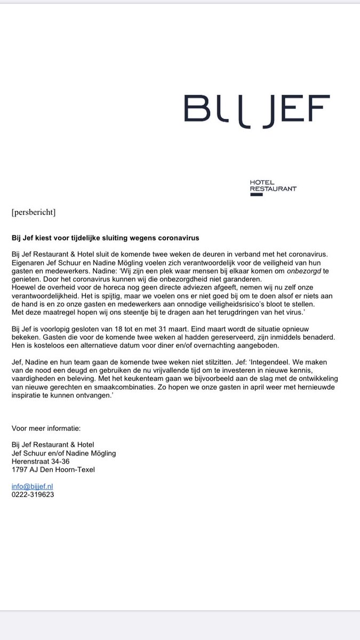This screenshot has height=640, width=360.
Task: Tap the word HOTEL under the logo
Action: [262, 182]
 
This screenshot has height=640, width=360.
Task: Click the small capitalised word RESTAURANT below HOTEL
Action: [273, 188]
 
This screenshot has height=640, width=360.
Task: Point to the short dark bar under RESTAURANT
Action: [256, 195]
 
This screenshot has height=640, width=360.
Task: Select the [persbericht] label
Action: [33, 212]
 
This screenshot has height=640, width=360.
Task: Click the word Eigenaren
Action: [28, 262]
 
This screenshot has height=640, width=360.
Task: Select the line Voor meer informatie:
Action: [46, 428]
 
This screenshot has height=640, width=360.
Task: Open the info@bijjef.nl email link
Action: [32, 486]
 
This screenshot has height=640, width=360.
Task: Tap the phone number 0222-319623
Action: [33, 494]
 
